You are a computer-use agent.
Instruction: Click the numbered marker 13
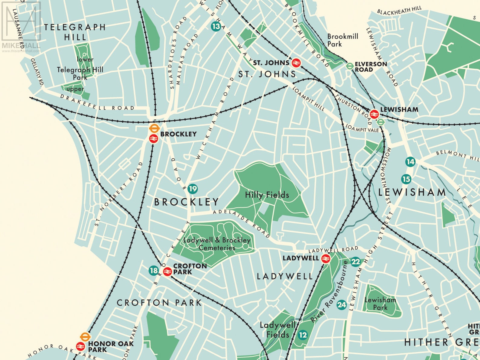[x=216, y=26]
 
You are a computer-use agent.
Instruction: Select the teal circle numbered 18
[x=154, y=270]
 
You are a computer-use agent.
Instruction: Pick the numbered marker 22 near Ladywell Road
[x=356, y=262]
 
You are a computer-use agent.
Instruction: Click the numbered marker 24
[x=342, y=305]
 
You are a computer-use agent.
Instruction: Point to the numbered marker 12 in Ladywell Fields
[x=303, y=335]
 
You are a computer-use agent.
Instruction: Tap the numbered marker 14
[x=410, y=162]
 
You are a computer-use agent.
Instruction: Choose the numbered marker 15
[x=406, y=179]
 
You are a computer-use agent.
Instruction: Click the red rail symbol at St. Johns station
[x=296, y=63]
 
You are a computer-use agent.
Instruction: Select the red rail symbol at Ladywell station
[x=325, y=258]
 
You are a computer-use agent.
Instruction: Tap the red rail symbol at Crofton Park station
[x=167, y=271]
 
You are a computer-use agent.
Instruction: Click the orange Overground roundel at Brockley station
[x=154, y=128]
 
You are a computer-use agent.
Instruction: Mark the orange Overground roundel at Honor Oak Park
[x=85, y=336]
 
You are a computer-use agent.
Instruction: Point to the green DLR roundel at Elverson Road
[x=350, y=66]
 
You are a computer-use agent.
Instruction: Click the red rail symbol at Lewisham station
[x=374, y=114]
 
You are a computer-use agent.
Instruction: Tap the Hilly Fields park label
[x=267, y=195]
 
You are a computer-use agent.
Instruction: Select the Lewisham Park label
[x=380, y=303]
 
